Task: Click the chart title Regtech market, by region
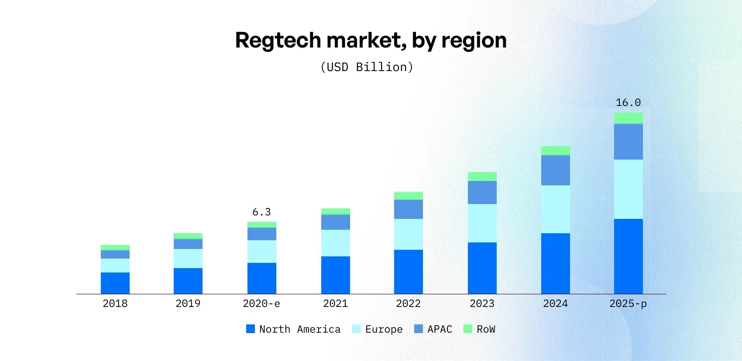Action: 371,41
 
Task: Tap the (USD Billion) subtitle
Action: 367,67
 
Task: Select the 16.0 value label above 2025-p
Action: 628,102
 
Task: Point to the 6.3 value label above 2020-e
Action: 261,212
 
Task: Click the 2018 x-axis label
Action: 115,303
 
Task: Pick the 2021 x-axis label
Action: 335,303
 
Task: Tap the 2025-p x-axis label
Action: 628,303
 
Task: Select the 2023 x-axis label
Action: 482,303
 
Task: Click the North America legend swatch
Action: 251,329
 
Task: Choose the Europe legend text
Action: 384,329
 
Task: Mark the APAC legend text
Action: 440,329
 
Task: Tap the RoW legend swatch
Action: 467,329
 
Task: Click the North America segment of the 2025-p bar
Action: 628,256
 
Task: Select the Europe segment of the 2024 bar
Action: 555,209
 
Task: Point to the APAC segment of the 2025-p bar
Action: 628,142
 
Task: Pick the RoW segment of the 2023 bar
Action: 482,177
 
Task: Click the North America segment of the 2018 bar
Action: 115,283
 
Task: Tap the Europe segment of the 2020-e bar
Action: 261,252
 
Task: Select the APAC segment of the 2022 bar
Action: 408,209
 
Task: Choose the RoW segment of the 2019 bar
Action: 188,236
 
